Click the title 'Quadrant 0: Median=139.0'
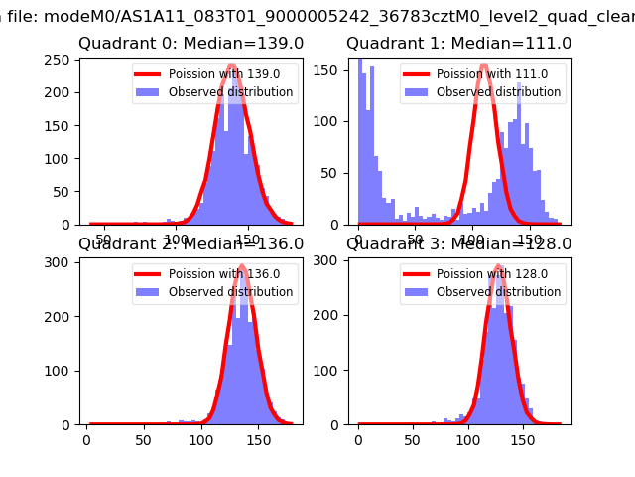190,44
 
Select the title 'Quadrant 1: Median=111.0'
458,44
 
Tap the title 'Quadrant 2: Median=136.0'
190,244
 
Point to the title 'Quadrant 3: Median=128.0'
458,244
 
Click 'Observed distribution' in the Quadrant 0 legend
230,92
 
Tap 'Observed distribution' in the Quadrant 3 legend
498,292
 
